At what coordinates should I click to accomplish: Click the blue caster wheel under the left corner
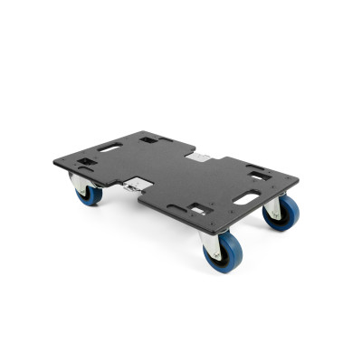pos(89,194)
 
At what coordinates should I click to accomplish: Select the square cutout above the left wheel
pos(88,163)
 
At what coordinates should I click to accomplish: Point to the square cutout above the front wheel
pos(198,210)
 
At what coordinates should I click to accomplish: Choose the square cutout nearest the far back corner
pos(149,138)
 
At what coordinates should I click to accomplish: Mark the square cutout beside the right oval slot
pos(259,175)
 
